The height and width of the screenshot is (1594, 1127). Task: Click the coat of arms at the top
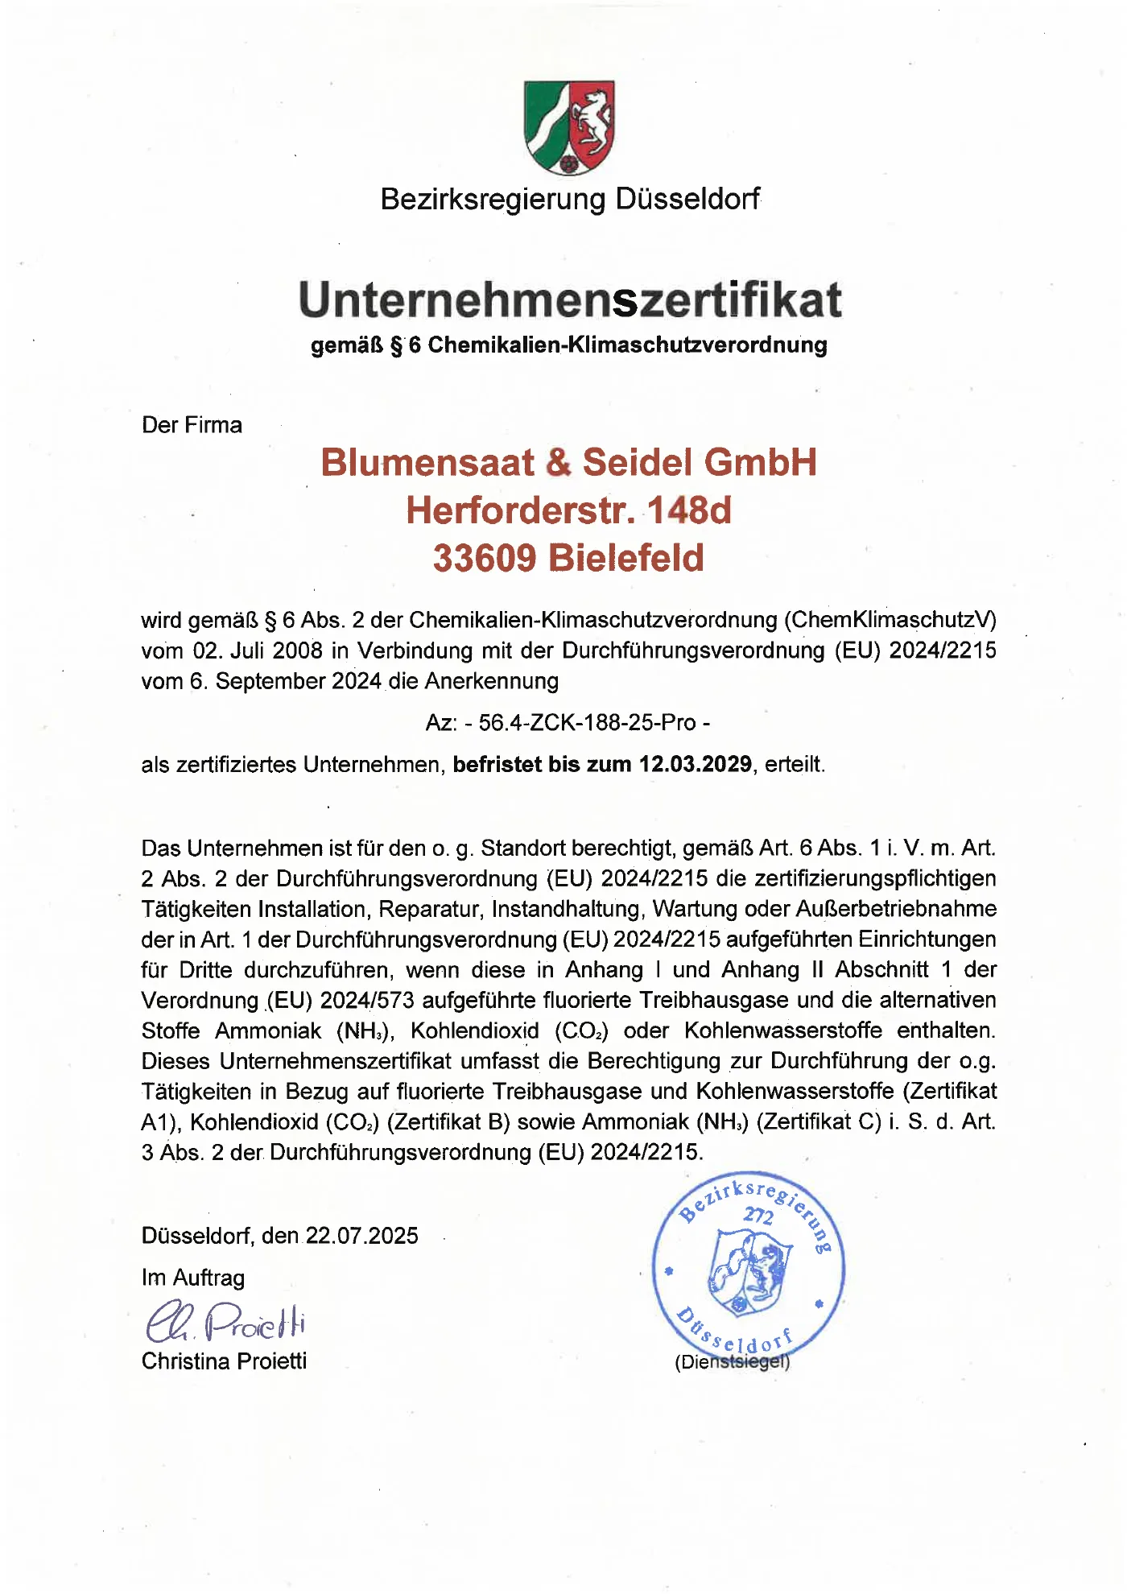(x=569, y=127)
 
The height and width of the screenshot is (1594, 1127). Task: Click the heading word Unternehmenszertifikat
(x=569, y=299)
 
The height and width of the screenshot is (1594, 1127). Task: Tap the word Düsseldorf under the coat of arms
(x=687, y=199)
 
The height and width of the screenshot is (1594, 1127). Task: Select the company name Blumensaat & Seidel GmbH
(x=568, y=463)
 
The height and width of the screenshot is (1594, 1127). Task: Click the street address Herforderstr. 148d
(x=568, y=510)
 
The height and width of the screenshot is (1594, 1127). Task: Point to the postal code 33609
(x=484, y=558)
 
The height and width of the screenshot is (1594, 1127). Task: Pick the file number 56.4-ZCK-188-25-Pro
(x=587, y=722)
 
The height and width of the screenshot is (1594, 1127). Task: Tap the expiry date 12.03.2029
(x=695, y=764)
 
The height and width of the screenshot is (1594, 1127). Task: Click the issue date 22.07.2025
(x=361, y=1236)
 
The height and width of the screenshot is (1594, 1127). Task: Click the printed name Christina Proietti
(x=224, y=1361)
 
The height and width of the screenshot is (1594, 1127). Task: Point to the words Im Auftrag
(x=193, y=1278)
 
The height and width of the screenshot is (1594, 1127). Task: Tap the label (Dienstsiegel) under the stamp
(x=732, y=1362)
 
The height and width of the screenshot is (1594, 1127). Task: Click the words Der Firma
(x=192, y=425)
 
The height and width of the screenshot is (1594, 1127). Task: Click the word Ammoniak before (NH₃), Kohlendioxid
(x=268, y=1030)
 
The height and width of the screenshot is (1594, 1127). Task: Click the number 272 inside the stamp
(x=758, y=1215)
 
